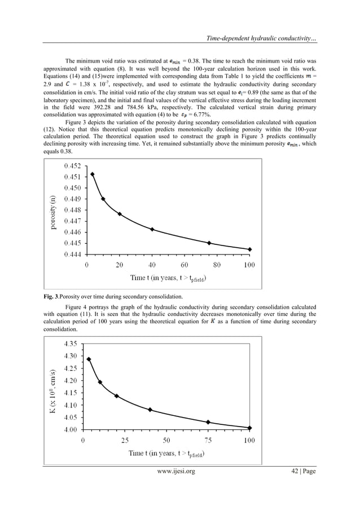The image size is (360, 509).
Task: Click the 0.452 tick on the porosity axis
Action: pyautogui.click(x=72, y=166)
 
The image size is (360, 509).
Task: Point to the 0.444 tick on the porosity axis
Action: pyautogui.click(x=72, y=254)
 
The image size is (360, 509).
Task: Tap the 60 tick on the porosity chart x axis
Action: pyautogui.click(x=185, y=265)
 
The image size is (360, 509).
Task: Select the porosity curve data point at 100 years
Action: pyautogui.click(x=249, y=249)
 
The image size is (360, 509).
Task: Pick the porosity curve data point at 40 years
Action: pyautogui.click(x=152, y=229)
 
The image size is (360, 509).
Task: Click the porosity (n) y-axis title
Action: pyautogui.click(x=52, y=210)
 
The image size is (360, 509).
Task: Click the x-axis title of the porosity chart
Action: pyautogui.click(x=168, y=278)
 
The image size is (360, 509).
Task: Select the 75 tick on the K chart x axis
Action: pyautogui.click(x=208, y=440)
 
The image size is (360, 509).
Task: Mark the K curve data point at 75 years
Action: pyautogui.click(x=208, y=422)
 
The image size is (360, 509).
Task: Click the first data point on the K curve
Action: pyautogui.click(x=89, y=359)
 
